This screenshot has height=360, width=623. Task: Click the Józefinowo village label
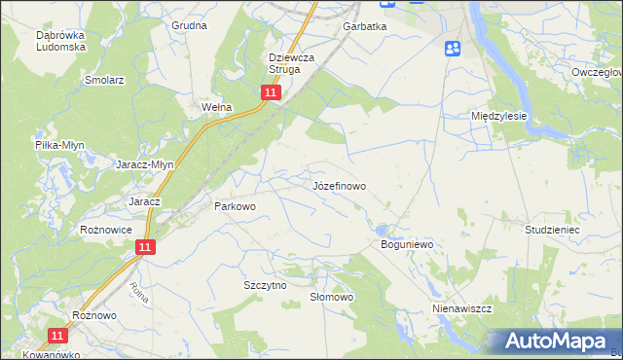339,185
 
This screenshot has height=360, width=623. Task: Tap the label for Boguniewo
405,244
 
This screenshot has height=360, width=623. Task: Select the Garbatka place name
364,27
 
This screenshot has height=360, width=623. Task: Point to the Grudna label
189,24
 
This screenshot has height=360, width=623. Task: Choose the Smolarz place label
104,80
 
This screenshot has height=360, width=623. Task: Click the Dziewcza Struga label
291,63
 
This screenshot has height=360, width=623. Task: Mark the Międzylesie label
498,115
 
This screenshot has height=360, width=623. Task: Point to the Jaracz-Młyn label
145,164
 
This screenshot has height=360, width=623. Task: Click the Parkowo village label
234,206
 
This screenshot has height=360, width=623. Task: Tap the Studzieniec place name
552,230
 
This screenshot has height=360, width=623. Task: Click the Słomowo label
330,297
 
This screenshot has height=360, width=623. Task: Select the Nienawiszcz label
461,307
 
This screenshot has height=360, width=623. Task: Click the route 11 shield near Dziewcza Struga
271,92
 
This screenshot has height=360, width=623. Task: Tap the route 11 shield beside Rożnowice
144,248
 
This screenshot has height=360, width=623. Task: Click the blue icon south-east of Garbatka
453,49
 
